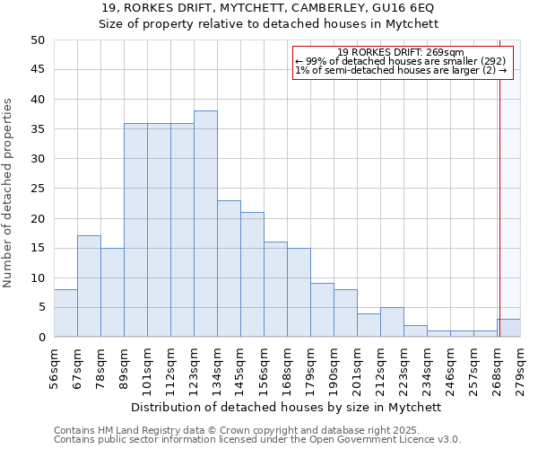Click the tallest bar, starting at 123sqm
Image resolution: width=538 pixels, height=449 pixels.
205,224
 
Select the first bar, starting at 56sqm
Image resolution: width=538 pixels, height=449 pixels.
65,313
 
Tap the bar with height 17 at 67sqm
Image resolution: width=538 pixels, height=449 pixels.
89,286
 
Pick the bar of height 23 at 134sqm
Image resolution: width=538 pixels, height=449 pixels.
229,269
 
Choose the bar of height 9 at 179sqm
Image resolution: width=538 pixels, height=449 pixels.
322,310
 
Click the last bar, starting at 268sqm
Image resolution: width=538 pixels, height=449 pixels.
508,328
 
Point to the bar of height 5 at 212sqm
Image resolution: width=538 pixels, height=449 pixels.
392,322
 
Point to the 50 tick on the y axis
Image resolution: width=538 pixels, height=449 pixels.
38,40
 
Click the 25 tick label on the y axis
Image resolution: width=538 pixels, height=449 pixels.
38,189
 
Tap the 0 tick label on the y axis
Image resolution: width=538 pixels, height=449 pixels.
41,338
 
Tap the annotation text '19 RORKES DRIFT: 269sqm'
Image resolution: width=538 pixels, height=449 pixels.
401,52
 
